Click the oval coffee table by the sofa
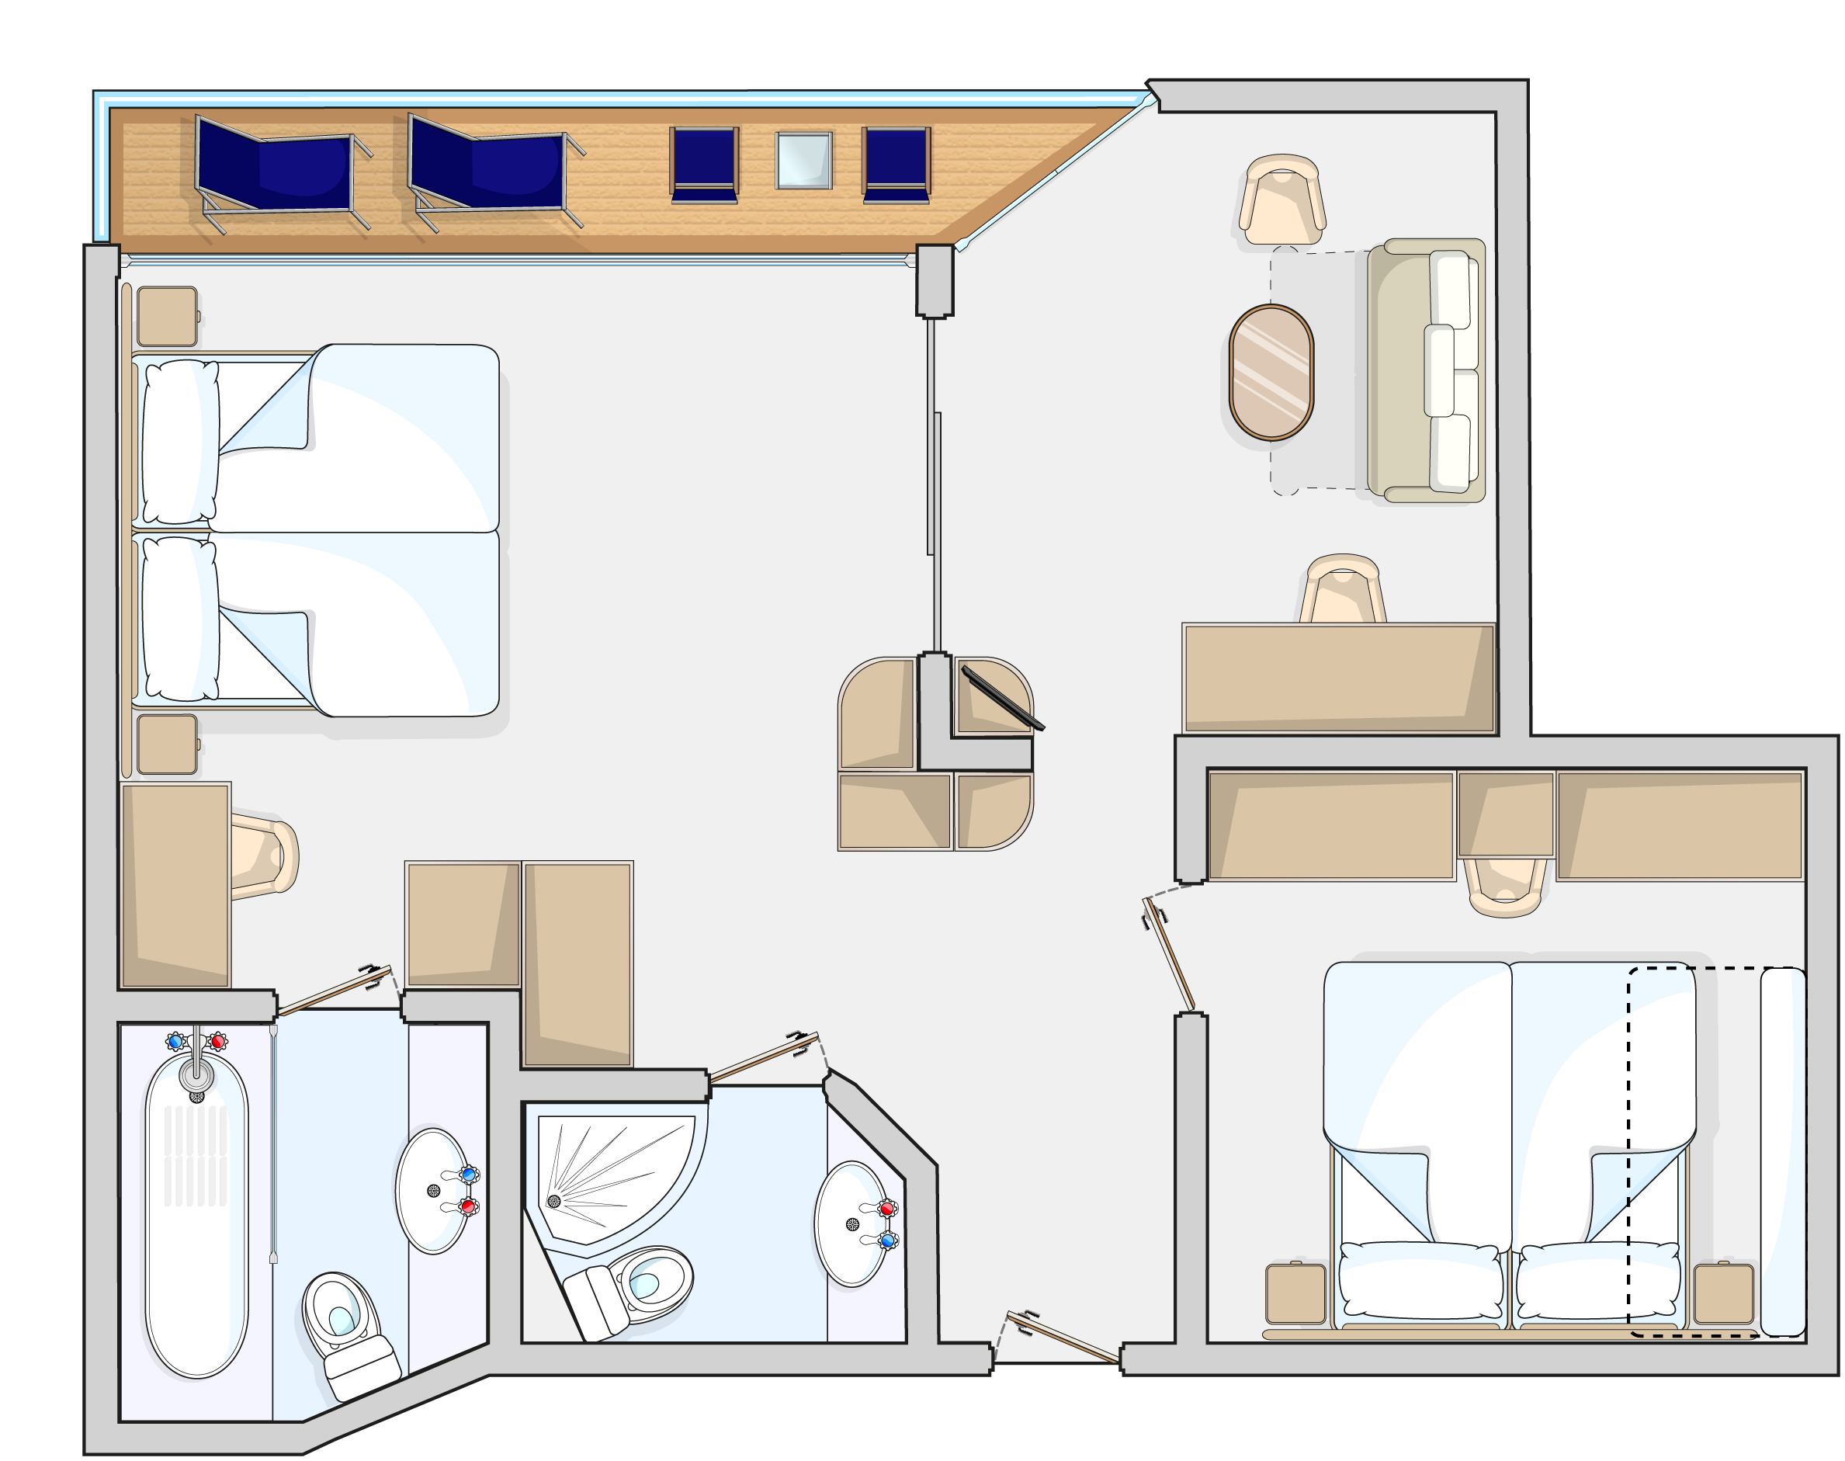click(x=1271, y=372)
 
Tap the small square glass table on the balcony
click(x=803, y=160)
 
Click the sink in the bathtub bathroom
click(x=434, y=1191)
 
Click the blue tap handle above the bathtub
click(x=176, y=1042)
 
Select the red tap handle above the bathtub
click(x=218, y=1042)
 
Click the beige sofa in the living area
click(x=1424, y=370)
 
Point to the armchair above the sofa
click(x=1281, y=200)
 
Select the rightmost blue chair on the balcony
click(x=896, y=165)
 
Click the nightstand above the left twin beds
click(x=167, y=317)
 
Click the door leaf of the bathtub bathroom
click(x=334, y=991)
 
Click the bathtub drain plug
click(x=196, y=1098)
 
